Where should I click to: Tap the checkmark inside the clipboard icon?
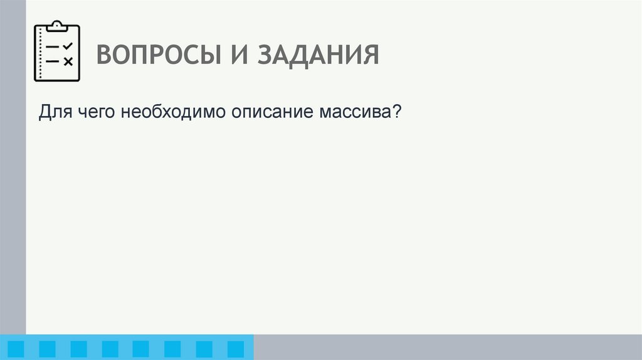click(68, 46)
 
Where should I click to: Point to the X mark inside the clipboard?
click(68, 61)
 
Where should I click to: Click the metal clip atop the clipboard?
click(57, 26)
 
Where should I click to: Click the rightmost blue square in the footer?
click(235, 349)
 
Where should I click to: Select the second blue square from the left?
click(47, 349)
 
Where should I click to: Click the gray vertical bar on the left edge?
click(13, 169)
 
